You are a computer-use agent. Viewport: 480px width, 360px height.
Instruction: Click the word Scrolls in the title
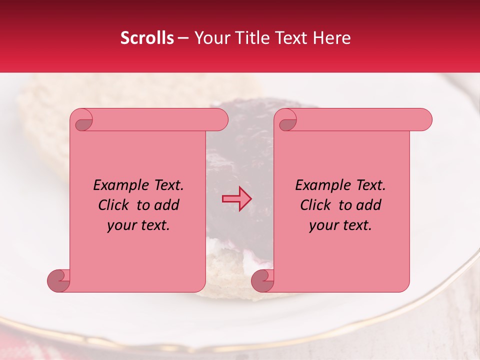coord(147,38)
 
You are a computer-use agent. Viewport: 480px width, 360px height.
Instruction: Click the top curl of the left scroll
coord(83,120)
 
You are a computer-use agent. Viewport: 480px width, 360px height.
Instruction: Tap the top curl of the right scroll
coord(287,120)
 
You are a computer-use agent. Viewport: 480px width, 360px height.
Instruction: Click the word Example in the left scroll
coord(119,185)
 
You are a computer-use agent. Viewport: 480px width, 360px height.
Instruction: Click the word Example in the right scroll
coord(321,185)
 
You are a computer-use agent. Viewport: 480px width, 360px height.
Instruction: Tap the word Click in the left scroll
coord(114,205)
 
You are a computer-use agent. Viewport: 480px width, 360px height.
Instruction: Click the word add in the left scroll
coord(167,205)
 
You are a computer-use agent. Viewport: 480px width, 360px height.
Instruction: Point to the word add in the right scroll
coord(369,205)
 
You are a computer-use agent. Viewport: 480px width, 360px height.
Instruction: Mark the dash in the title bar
coord(183,38)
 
